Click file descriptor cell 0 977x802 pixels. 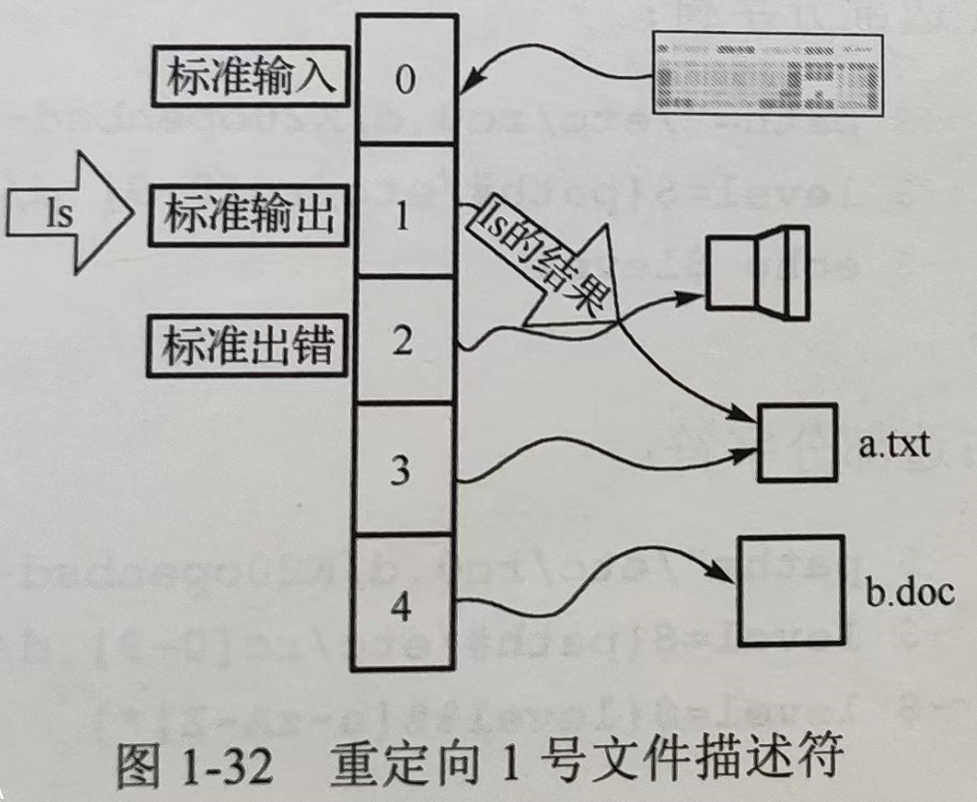pos(405,79)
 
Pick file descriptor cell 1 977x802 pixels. pos(405,211)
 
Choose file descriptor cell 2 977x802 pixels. pos(405,340)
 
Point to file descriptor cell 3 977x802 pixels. pos(405,470)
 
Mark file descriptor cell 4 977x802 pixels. pos(405,604)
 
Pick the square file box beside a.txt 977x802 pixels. pos(797,443)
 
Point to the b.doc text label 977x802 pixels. pos(907,590)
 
